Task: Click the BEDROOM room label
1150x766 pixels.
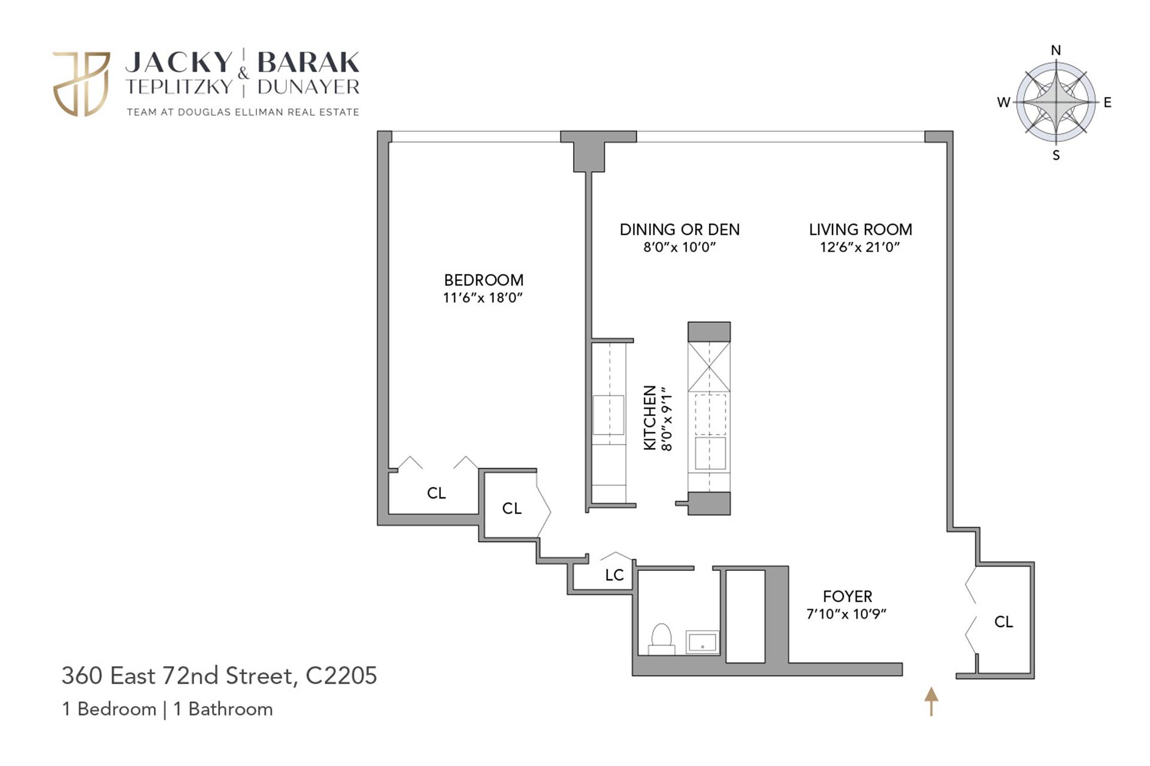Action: pos(483,280)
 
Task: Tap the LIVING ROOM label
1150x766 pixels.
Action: pos(860,230)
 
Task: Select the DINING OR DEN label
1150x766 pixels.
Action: pos(679,230)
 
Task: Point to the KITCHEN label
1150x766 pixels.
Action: pos(649,418)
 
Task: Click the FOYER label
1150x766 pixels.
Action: pos(847,597)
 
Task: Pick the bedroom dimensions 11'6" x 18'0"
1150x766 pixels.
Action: pos(483,298)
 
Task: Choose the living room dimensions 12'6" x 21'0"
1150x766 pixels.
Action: pos(860,247)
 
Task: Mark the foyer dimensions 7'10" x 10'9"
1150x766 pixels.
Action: pos(846,614)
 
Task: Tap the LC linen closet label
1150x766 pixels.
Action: pos(614,575)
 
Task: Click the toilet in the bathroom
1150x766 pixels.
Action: pos(661,638)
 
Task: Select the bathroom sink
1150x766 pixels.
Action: pos(702,642)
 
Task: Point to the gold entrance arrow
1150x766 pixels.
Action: pos(931,701)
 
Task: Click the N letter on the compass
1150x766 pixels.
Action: pos(1056,50)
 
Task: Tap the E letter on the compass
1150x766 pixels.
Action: pos(1107,102)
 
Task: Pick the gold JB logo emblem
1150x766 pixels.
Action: pos(81,84)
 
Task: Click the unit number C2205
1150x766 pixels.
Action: pos(341,676)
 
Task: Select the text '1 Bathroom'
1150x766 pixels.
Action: pos(223,709)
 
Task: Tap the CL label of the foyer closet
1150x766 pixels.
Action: pos(1003,622)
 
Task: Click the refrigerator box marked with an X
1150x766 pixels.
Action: pos(709,366)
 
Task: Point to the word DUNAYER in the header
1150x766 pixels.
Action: pos(308,87)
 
